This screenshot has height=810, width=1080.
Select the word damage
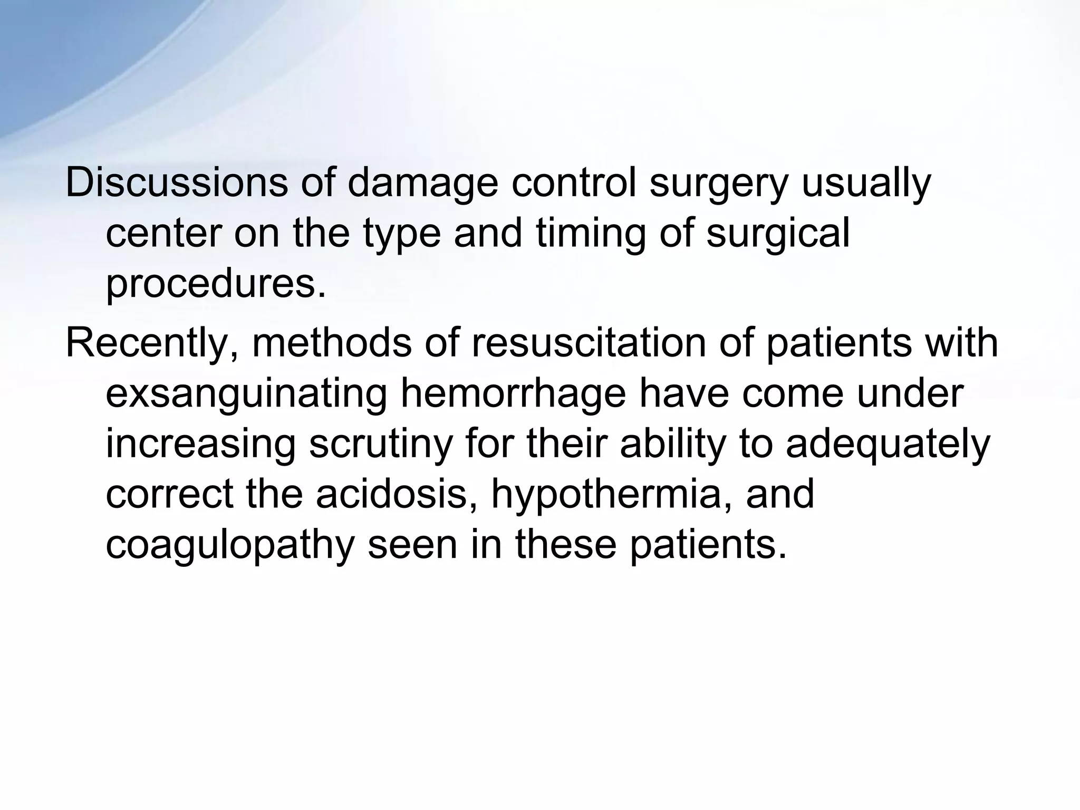coord(422,183)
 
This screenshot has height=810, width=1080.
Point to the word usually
coord(866,183)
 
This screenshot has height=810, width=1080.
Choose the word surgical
coord(778,234)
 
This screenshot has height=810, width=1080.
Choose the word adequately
coord(888,444)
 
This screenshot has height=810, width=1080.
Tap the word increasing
coord(200,444)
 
